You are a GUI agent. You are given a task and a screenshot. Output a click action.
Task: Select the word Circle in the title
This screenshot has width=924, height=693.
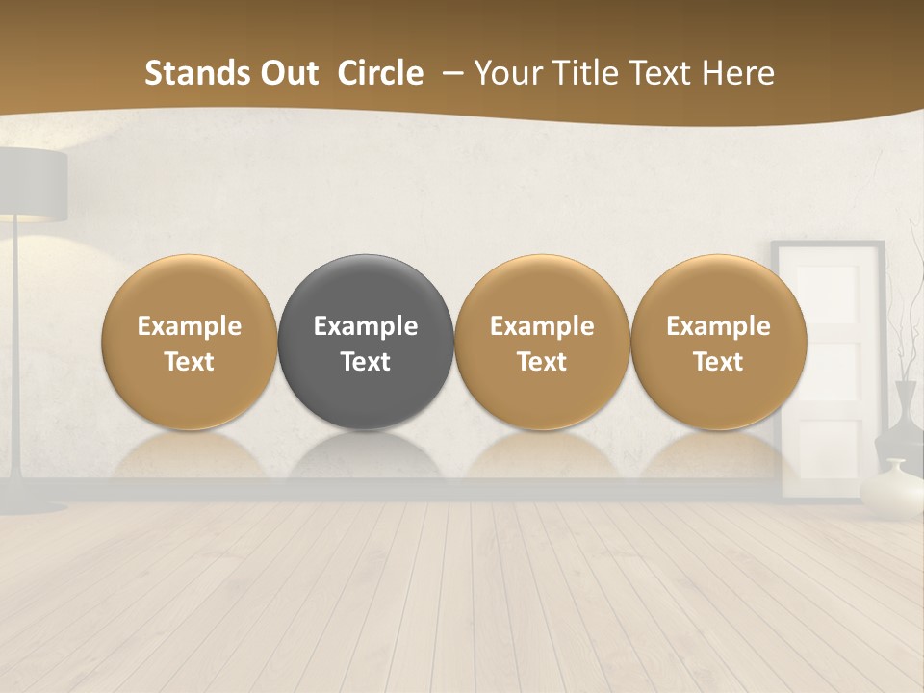(x=380, y=73)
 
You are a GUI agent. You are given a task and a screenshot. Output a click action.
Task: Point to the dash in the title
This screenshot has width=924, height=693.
(x=449, y=73)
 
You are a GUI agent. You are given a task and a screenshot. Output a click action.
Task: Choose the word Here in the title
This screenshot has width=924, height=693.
(x=737, y=73)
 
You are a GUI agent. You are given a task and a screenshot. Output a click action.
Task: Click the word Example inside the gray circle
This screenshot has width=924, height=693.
(x=366, y=326)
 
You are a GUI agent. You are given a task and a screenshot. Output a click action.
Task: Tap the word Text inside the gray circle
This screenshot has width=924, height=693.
(x=366, y=362)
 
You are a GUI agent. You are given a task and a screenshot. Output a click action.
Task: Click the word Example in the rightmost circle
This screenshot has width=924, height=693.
(x=719, y=326)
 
